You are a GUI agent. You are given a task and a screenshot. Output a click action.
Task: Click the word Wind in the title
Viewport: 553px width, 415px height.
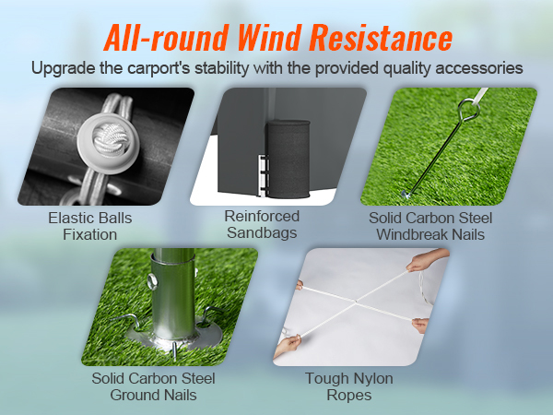coord(274,39)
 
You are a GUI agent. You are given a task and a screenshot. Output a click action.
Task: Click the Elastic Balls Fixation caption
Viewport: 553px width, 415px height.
coord(89,226)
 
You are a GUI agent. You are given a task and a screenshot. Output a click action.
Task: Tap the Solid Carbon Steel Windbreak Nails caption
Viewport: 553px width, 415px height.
coord(429,226)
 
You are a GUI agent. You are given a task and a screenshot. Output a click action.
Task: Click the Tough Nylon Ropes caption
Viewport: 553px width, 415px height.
coord(338,386)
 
